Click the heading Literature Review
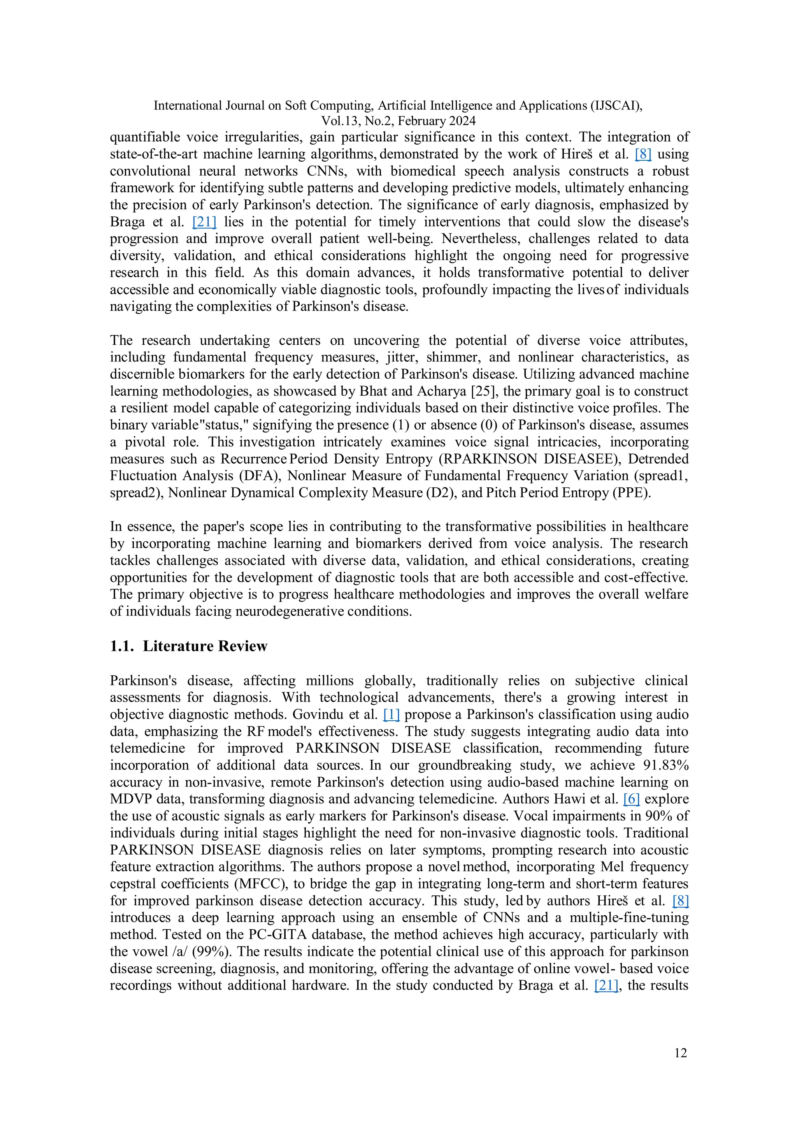point(205,646)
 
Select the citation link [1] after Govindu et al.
point(391,714)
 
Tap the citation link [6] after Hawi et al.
point(631,799)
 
